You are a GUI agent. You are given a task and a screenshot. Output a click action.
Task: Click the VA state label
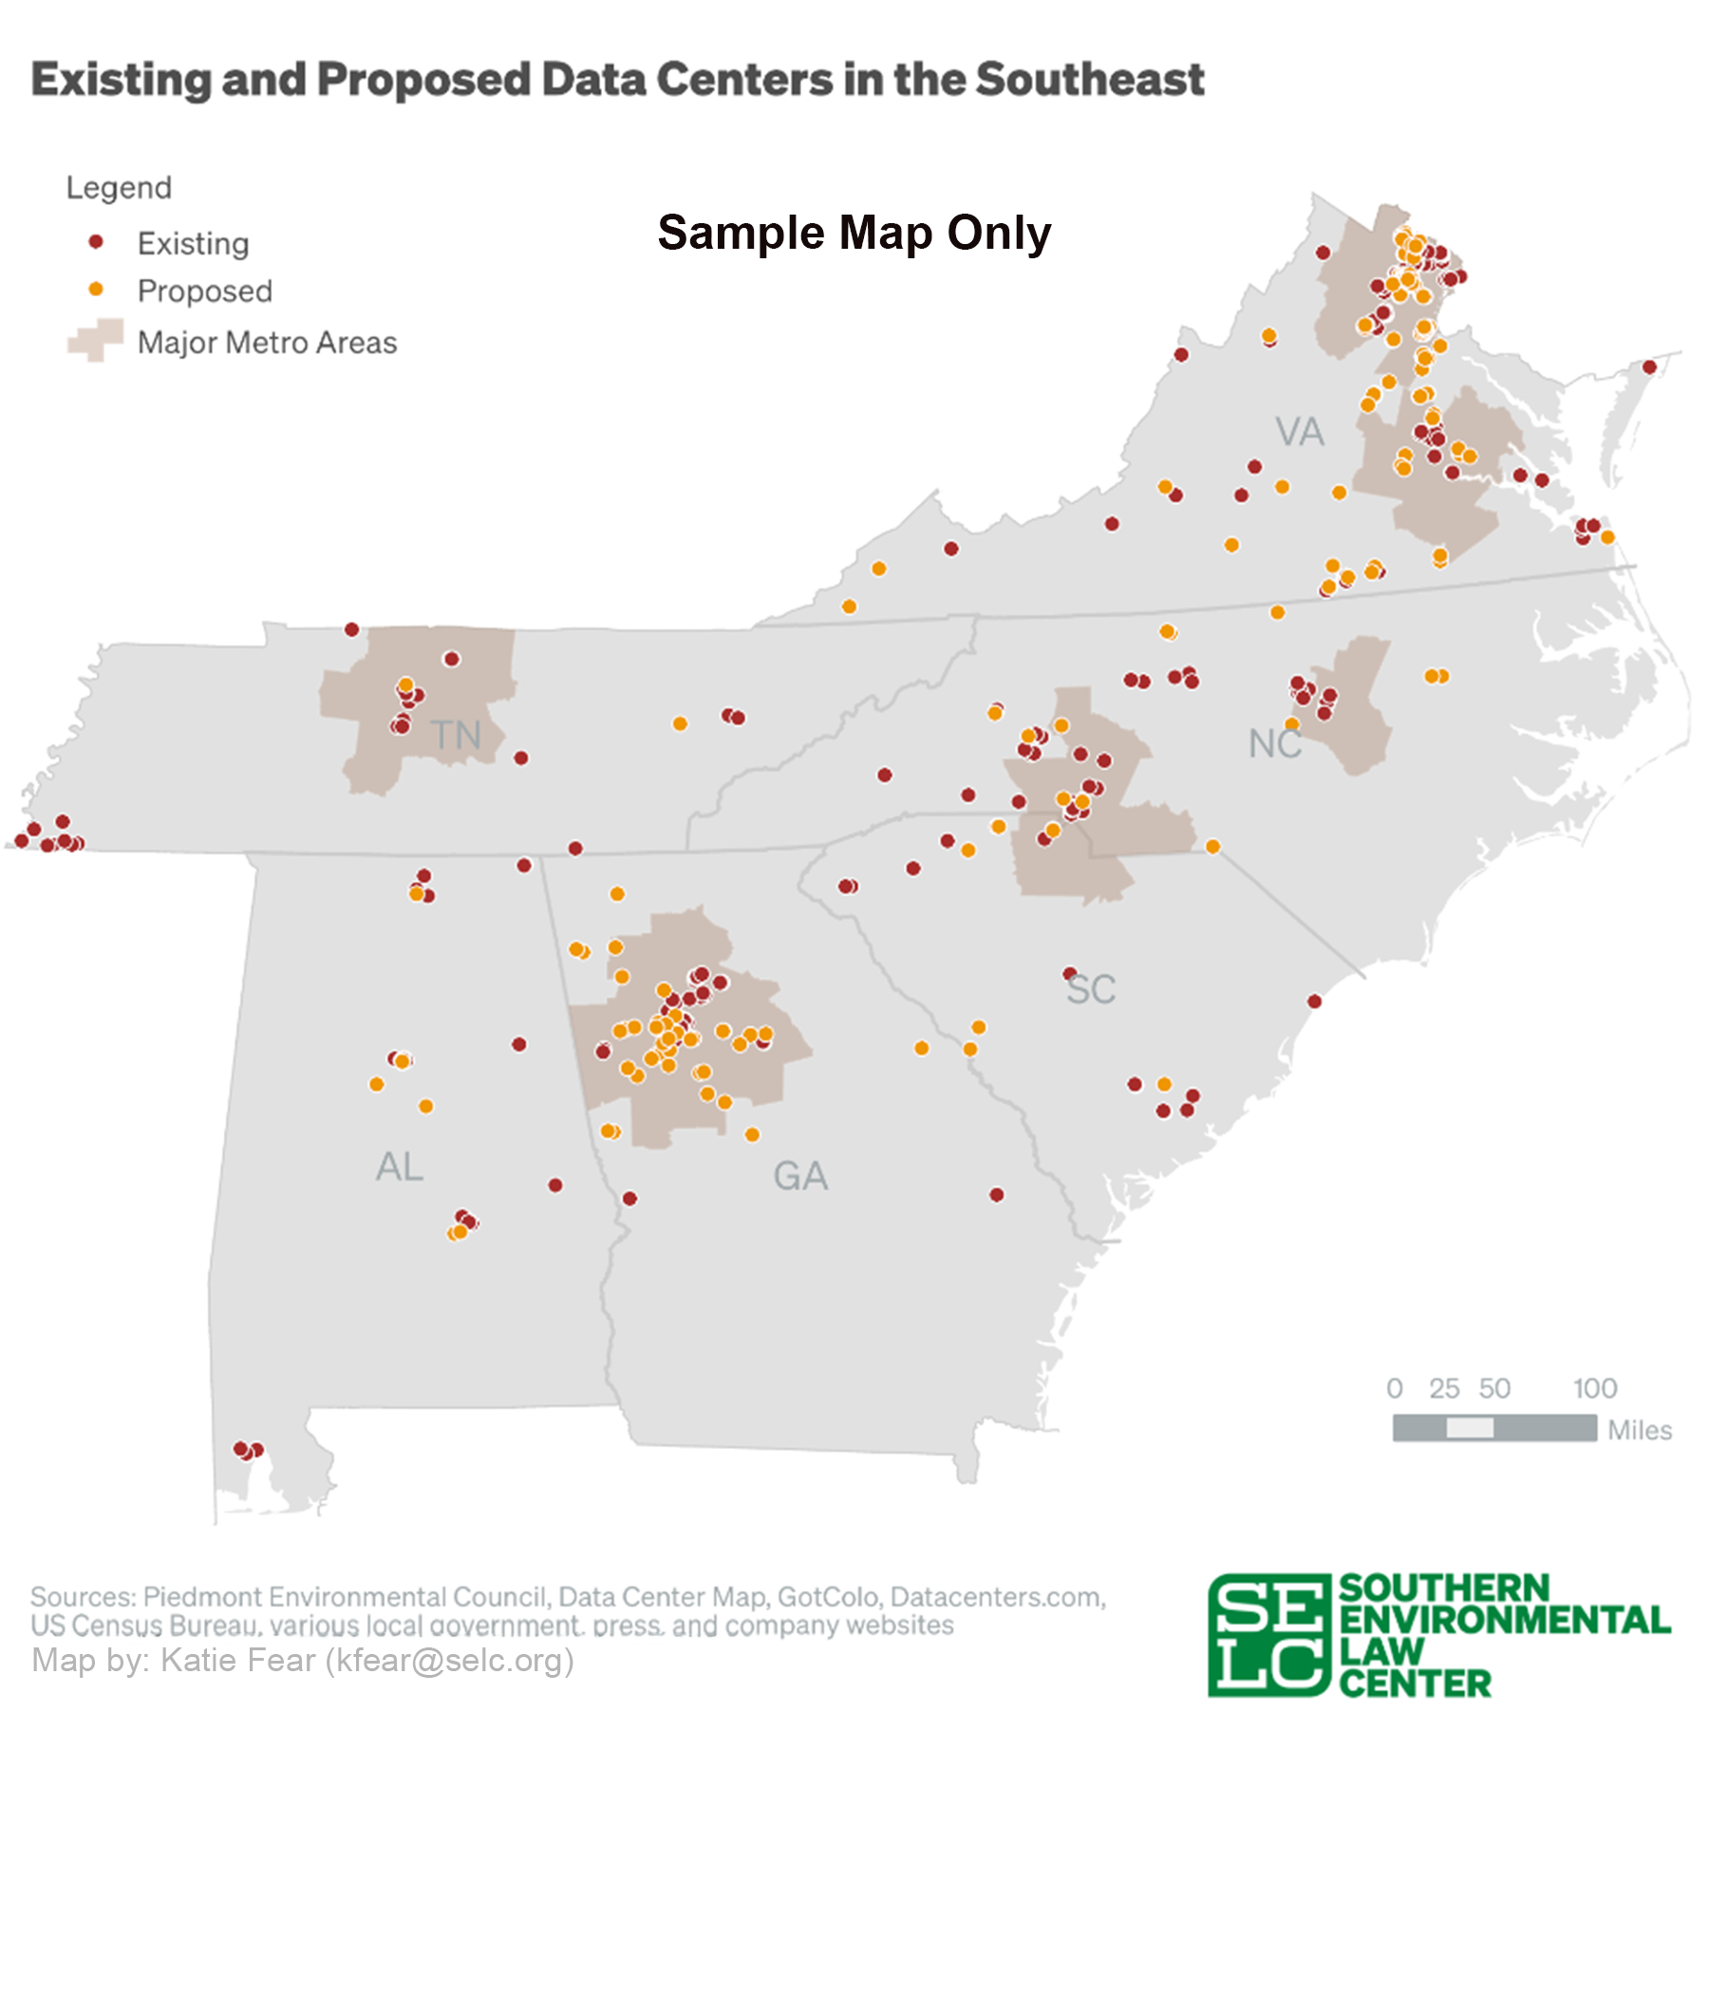1299,432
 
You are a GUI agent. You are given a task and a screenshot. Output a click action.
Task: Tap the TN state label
455,736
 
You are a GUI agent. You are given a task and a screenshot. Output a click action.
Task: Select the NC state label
1274,743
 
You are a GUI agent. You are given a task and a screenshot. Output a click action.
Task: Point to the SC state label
1090,989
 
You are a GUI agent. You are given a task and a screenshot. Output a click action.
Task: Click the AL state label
400,1167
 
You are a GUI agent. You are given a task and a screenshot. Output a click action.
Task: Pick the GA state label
799,1176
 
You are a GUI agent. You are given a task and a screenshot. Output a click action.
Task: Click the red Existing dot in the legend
95,241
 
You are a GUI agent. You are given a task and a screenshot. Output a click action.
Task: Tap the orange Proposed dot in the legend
95,289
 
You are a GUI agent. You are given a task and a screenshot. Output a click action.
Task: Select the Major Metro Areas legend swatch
95,340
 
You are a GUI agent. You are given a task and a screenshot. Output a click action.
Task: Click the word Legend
119,188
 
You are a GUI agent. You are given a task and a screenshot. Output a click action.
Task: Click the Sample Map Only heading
854,233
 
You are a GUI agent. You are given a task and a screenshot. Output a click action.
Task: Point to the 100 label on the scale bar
1594,1388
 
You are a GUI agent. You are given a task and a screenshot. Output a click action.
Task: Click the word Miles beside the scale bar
1639,1430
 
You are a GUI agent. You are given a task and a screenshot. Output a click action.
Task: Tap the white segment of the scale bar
1470,1428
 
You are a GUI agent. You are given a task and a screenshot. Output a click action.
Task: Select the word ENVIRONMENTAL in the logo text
1504,1620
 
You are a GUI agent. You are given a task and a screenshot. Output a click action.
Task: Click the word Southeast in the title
1089,80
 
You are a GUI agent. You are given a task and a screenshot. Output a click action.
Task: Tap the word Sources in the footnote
83,1596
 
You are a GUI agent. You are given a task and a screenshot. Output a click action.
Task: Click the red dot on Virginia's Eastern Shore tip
1649,367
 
